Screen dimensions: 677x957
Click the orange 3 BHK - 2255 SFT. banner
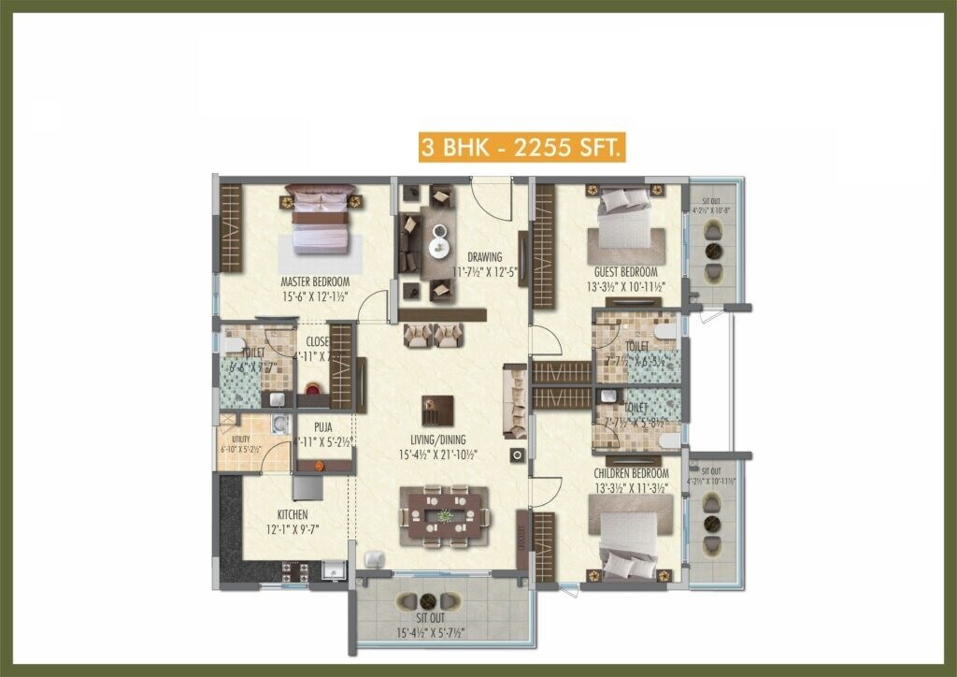click(521, 148)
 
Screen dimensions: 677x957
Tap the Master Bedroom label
click(315, 281)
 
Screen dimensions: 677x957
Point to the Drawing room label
click(485, 257)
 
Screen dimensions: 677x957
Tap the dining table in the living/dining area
click(444, 515)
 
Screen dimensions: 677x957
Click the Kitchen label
click(292, 515)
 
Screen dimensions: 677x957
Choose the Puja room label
click(323, 427)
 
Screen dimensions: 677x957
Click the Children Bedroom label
click(633, 473)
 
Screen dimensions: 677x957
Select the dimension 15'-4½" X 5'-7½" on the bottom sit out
click(429, 632)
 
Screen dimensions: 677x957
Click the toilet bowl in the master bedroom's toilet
click(231, 344)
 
